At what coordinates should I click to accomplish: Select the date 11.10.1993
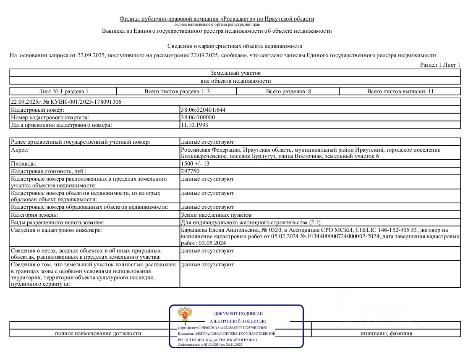coord(194,125)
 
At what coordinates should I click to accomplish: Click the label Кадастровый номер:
coord(37,110)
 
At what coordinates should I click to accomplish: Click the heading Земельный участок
coord(235,73)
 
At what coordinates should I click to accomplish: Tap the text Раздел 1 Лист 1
coord(440,65)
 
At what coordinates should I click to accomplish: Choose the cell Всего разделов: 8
coord(288,91)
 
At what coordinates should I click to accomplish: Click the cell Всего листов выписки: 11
coord(400,91)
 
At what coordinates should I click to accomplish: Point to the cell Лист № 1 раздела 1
coord(63,91)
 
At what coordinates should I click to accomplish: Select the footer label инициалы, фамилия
coord(386,334)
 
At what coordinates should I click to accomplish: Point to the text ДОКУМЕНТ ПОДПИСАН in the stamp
coord(238,314)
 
